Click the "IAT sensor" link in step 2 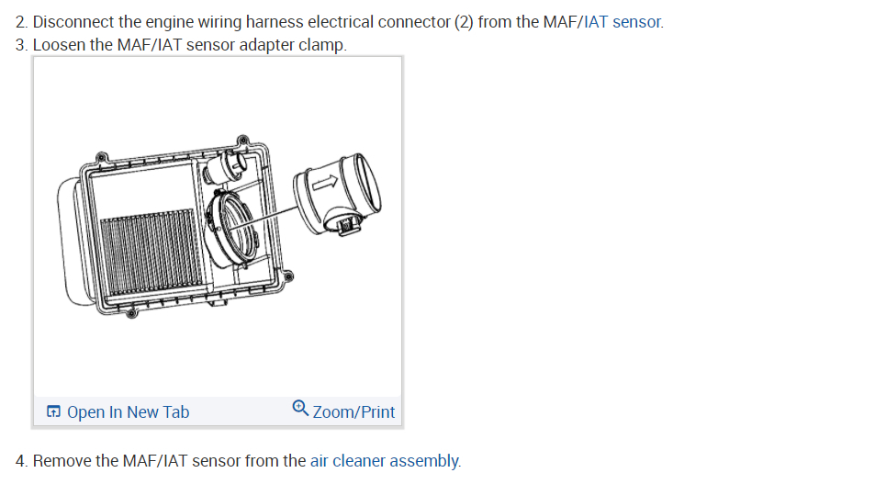coord(623,22)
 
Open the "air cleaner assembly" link coord(385,460)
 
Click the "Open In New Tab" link coord(129,412)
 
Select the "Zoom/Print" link coord(353,412)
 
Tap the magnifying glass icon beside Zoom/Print coord(300,408)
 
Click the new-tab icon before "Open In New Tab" coord(53,411)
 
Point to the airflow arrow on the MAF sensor coord(325,182)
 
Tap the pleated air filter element coord(151,253)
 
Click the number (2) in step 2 coord(463,22)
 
